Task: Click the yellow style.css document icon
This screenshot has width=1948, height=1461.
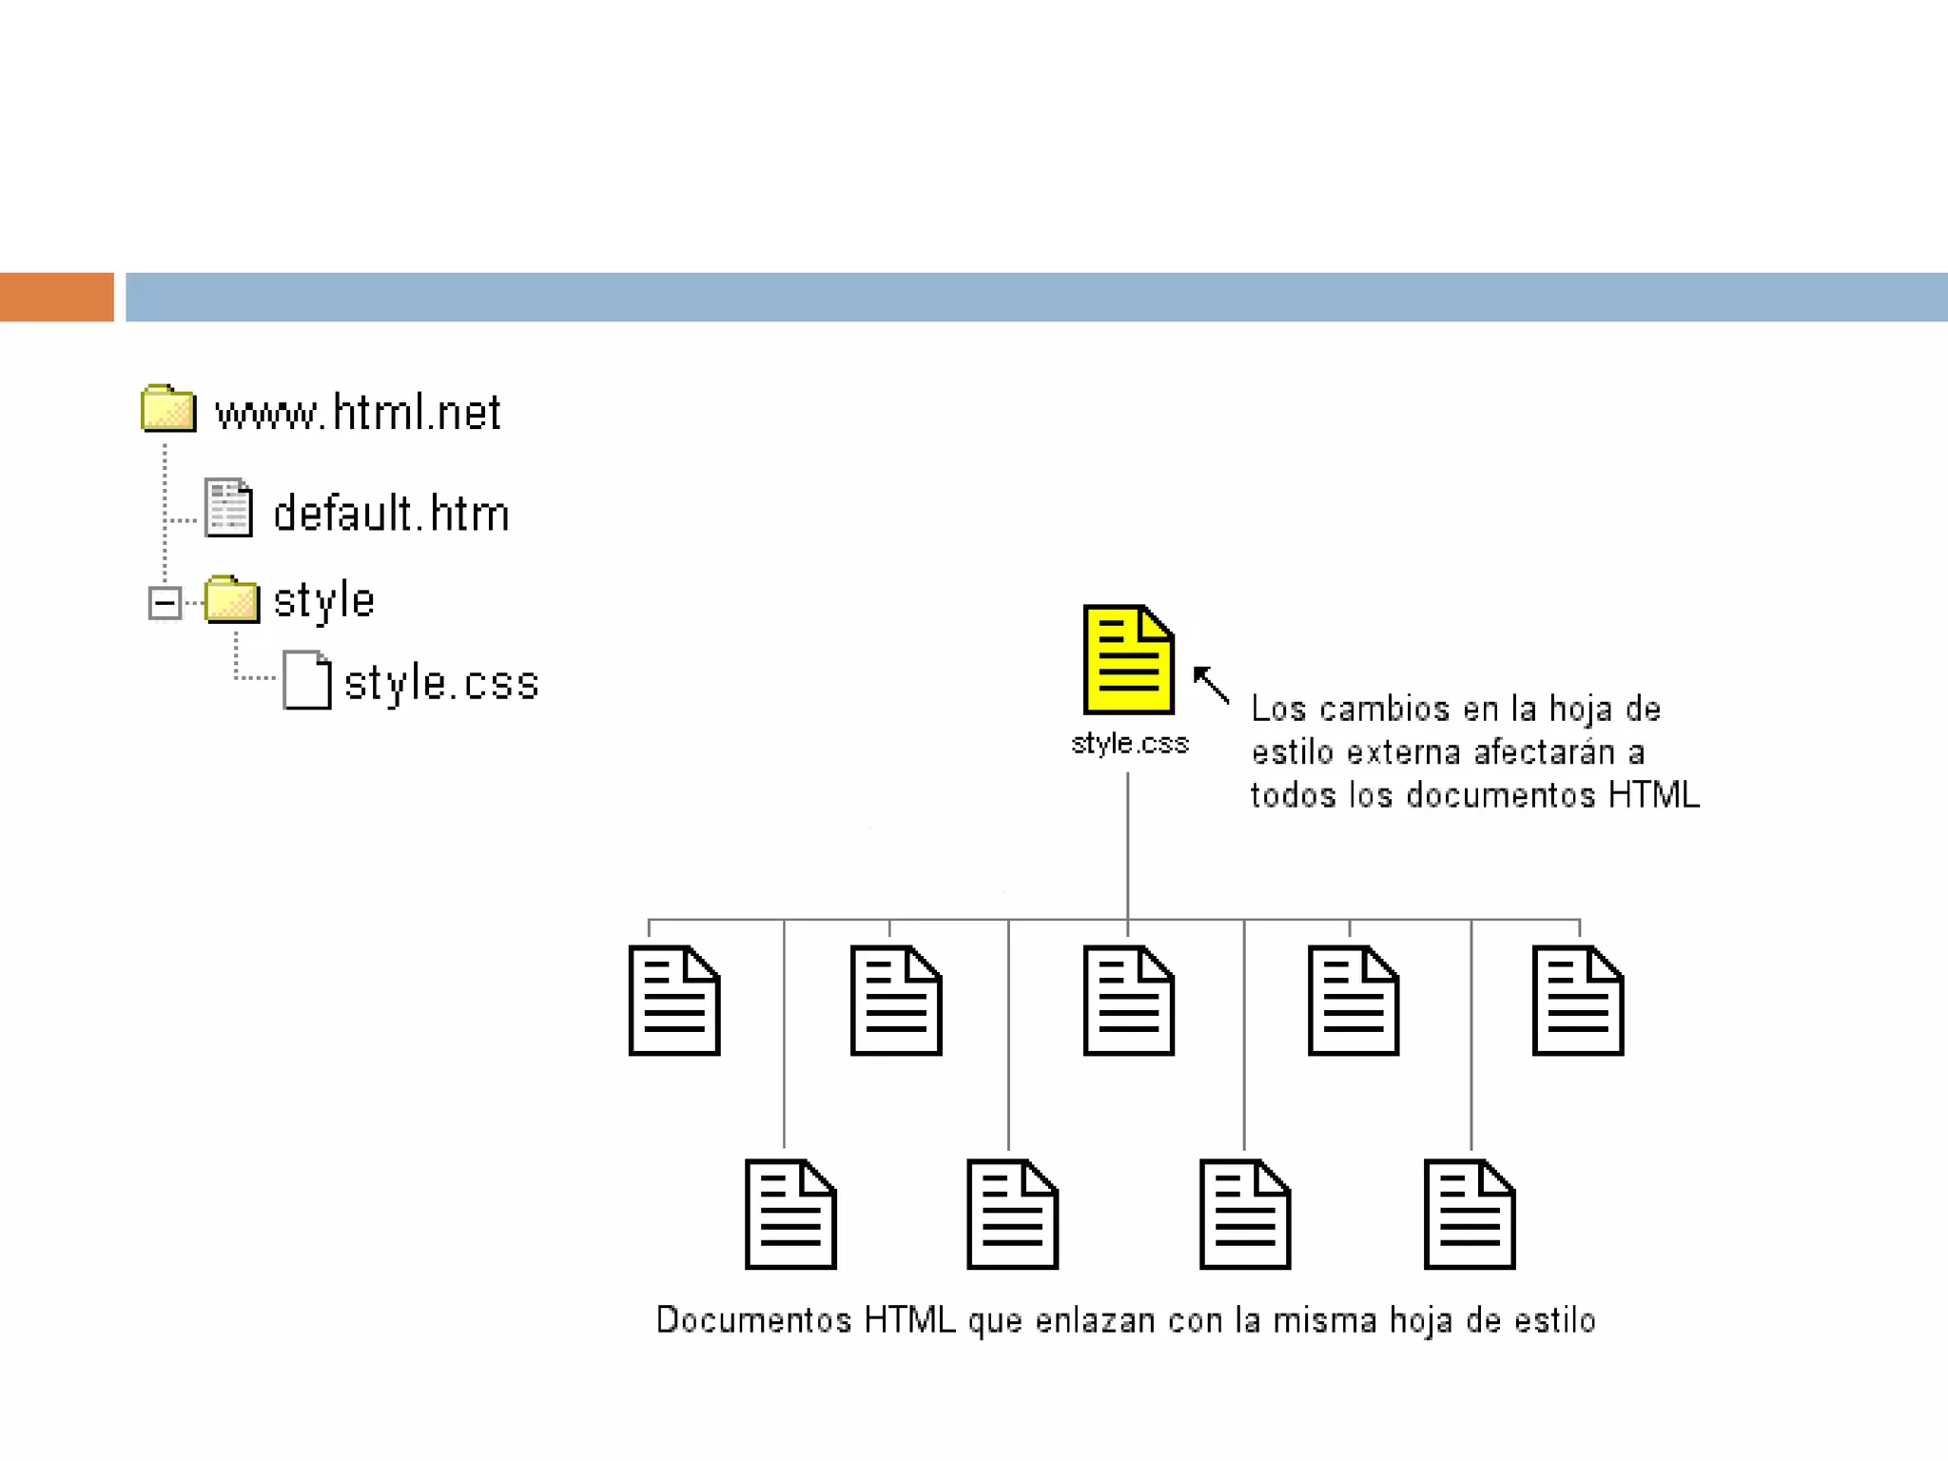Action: coord(1128,659)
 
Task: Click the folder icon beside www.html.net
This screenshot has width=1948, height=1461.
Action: coord(168,409)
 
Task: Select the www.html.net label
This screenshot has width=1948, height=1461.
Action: coord(358,413)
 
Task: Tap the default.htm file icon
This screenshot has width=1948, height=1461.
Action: coord(228,508)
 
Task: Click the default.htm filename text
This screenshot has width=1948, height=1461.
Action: coord(391,514)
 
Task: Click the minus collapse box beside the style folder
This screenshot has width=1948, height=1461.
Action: coord(165,602)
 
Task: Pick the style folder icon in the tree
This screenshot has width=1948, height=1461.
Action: coord(231,599)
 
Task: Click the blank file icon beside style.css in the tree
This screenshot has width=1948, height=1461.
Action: coord(306,680)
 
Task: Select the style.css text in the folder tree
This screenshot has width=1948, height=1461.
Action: coord(441,683)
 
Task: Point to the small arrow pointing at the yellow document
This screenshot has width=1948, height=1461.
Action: coord(1210,683)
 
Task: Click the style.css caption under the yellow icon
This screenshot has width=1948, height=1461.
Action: coord(1129,743)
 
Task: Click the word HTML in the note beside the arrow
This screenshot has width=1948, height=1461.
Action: coord(1653,795)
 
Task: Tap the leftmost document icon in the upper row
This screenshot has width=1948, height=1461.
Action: coord(674,1000)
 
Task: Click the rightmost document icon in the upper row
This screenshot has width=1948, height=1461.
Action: coord(1577,1000)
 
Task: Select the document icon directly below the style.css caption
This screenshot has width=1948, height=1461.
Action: coord(1128,1000)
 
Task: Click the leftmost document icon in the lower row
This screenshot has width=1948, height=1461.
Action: coord(789,1214)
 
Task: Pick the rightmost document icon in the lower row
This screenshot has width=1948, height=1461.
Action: coord(1469,1214)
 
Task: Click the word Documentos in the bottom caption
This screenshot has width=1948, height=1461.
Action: coord(753,1320)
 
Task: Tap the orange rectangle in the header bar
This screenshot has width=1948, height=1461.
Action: coord(56,297)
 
